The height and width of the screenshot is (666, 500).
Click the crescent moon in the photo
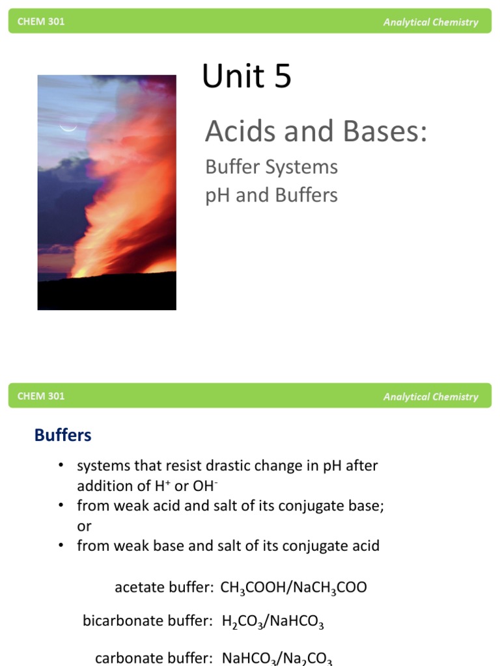tap(68, 128)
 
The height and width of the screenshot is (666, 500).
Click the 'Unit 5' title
tap(247, 77)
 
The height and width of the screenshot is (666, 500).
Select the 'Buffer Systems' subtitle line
tap(271, 167)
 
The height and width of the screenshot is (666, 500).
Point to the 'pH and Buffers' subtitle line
tap(271, 195)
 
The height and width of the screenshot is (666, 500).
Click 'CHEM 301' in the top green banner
tap(41, 21)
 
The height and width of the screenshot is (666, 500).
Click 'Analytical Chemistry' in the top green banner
tap(430, 22)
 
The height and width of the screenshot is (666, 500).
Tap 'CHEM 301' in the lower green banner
tap(41, 396)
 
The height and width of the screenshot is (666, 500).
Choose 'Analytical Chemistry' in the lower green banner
tap(430, 397)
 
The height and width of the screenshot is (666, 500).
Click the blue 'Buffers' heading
tap(63, 435)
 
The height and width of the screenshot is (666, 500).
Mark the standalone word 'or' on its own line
tap(84, 526)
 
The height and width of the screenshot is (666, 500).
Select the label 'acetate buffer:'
tap(164, 588)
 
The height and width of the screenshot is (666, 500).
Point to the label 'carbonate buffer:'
tap(154, 658)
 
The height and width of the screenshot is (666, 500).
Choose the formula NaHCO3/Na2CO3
tap(277, 658)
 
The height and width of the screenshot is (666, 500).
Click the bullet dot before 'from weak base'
tap(61, 546)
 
